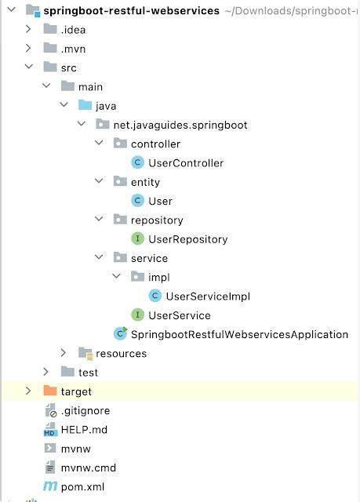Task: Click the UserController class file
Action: click(x=185, y=163)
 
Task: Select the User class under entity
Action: click(x=160, y=201)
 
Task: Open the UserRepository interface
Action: click(x=187, y=239)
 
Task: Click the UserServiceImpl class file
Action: click(x=207, y=296)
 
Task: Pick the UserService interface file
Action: click(x=179, y=315)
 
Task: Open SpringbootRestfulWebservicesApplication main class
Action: click(x=239, y=334)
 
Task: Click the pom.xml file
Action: click(x=82, y=487)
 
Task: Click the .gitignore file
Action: click(x=85, y=411)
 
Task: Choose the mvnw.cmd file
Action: click(x=88, y=468)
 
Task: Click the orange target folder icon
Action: click(x=50, y=391)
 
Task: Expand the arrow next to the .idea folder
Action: click(x=29, y=30)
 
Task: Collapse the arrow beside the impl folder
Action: click(x=116, y=277)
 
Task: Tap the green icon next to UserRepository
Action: click(x=137, y=239)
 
